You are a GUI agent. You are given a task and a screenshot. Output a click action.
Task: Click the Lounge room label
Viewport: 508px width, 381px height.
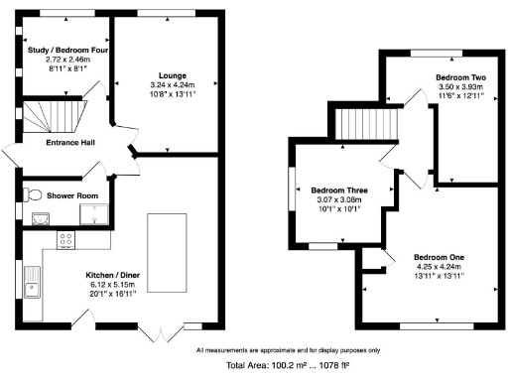point(160,73)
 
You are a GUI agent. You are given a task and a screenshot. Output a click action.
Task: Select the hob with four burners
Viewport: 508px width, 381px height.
point(66,239)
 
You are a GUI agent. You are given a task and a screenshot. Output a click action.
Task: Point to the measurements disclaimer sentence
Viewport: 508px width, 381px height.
point(288,350)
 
